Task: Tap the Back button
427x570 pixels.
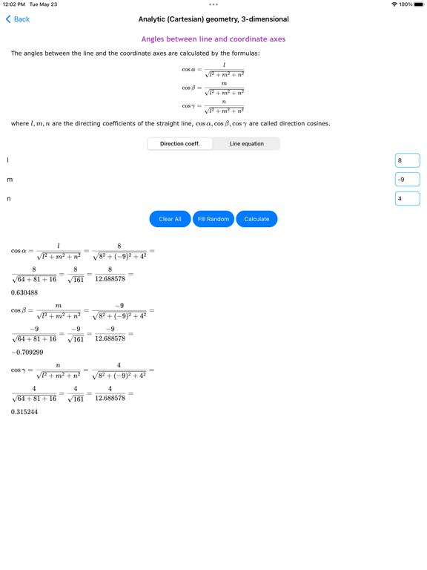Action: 18,19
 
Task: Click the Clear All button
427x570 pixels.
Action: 170,219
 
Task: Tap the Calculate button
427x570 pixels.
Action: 256,219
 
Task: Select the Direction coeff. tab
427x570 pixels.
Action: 180,143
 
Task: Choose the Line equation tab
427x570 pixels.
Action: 246,143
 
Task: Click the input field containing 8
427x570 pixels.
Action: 408,160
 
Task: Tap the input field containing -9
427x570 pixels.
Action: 408,179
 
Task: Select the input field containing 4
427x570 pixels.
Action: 408,198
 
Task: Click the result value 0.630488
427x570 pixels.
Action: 24,292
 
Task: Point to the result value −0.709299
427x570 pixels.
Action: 27,353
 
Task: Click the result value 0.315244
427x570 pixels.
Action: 24,412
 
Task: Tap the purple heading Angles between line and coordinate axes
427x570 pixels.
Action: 213,39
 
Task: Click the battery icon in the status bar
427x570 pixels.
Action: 419,4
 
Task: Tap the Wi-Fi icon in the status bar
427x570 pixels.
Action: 394,4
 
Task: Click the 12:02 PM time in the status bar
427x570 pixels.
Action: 14,4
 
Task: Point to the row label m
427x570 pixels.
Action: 10,180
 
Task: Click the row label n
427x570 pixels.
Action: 9,199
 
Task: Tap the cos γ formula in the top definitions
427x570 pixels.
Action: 213,106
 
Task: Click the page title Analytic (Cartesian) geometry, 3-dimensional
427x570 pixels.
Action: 213,19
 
